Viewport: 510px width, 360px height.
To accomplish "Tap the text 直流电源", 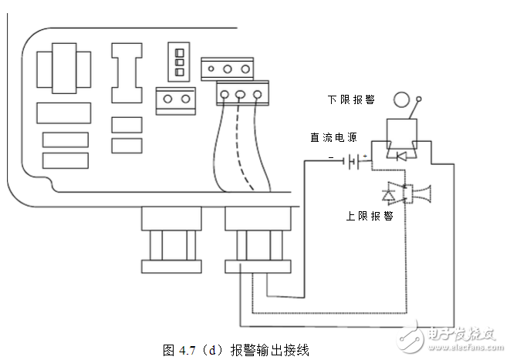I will pyautogui.click(x=333, y=138).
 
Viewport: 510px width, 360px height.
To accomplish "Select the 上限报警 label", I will pyautogui.click(x=370, y=216).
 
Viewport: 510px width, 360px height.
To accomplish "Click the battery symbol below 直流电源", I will pyautogui.click(x=355, y=162).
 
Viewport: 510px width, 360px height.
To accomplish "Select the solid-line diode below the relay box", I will pyautogui.click(x=400, y=155).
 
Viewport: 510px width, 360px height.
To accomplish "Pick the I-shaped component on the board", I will pyautogui.click(x=127, y=72).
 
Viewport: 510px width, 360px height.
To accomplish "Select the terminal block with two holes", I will pyautogui.click(x=175, y=100).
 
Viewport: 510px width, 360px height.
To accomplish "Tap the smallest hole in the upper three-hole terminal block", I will pyautogui.click(x=228, y=69).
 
